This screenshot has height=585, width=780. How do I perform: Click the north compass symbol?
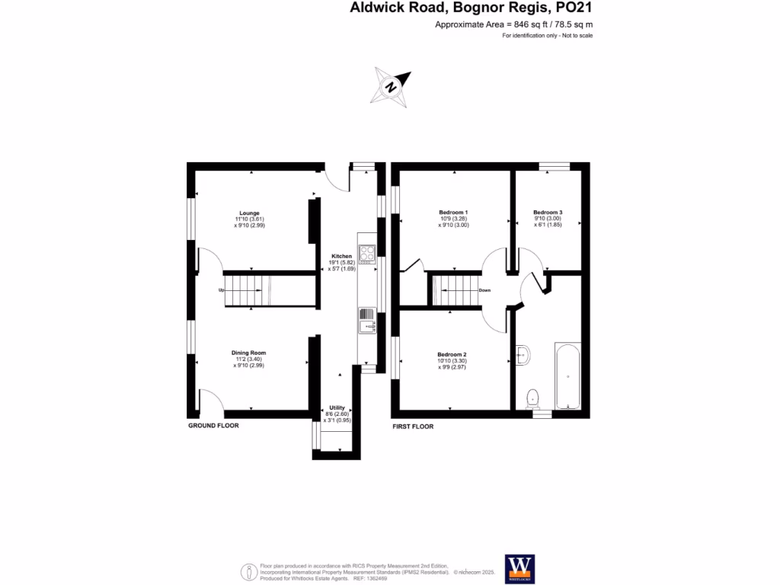point(391,85)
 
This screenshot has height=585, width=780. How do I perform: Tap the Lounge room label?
point(249,213)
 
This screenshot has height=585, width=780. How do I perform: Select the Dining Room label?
point(249,353)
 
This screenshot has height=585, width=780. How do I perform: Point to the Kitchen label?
point(341,256)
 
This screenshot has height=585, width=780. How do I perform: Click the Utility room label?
point(337,408)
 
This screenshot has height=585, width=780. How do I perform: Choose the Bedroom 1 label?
point(453,212)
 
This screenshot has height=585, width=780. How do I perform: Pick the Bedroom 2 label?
point(452,354)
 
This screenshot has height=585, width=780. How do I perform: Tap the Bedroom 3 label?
point(548,212)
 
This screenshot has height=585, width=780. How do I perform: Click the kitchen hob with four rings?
point(366,253)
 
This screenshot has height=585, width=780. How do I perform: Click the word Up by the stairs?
point(221,290)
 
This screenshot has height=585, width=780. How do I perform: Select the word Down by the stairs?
point(484,290)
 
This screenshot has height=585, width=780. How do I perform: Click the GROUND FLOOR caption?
point(213,426)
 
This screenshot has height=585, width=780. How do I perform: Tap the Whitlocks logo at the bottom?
point(520,567)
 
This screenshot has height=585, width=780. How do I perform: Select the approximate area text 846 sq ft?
point(513,25)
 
